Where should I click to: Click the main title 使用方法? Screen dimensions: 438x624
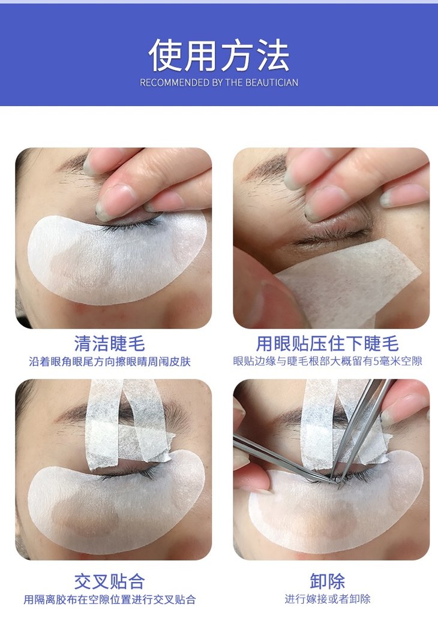pos(219,55)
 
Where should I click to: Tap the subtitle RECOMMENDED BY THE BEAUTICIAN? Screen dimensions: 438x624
pos(219,83)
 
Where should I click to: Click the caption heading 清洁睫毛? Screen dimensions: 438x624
pos(109,343)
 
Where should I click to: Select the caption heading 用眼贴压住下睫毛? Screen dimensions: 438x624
pos(328,343)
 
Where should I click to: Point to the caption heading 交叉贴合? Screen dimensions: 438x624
pos(109,581)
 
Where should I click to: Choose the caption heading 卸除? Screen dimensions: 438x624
pos(328,581)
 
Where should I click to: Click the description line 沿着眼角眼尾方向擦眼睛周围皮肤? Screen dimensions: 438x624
pos(109,361)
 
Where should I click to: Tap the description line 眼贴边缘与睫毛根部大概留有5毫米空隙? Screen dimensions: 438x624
pos(328,361)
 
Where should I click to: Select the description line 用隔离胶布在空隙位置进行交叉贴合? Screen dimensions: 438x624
pos(109,599)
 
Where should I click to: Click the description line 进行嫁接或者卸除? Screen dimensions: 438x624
pos(328,599)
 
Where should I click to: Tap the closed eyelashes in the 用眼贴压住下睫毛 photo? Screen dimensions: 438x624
pos(331,237)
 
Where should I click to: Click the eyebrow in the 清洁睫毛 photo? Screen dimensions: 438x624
pos(74,163)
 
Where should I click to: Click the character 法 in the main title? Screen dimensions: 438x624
pos(273,55)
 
